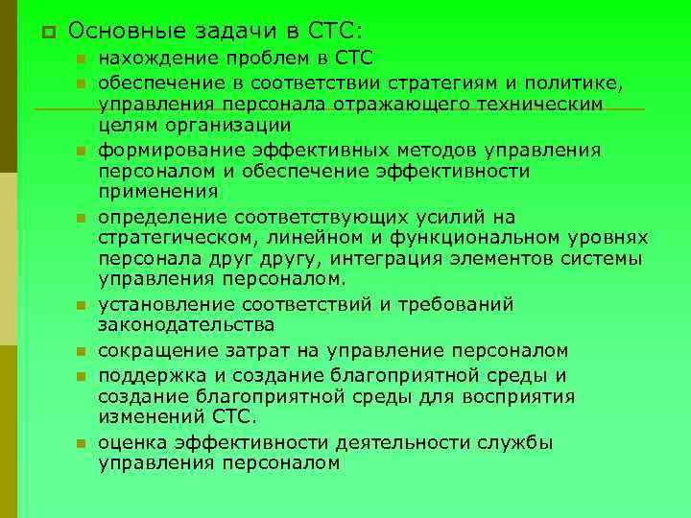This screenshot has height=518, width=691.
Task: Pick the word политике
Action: [584, 82]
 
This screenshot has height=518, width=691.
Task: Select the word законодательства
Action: [180, 325]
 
